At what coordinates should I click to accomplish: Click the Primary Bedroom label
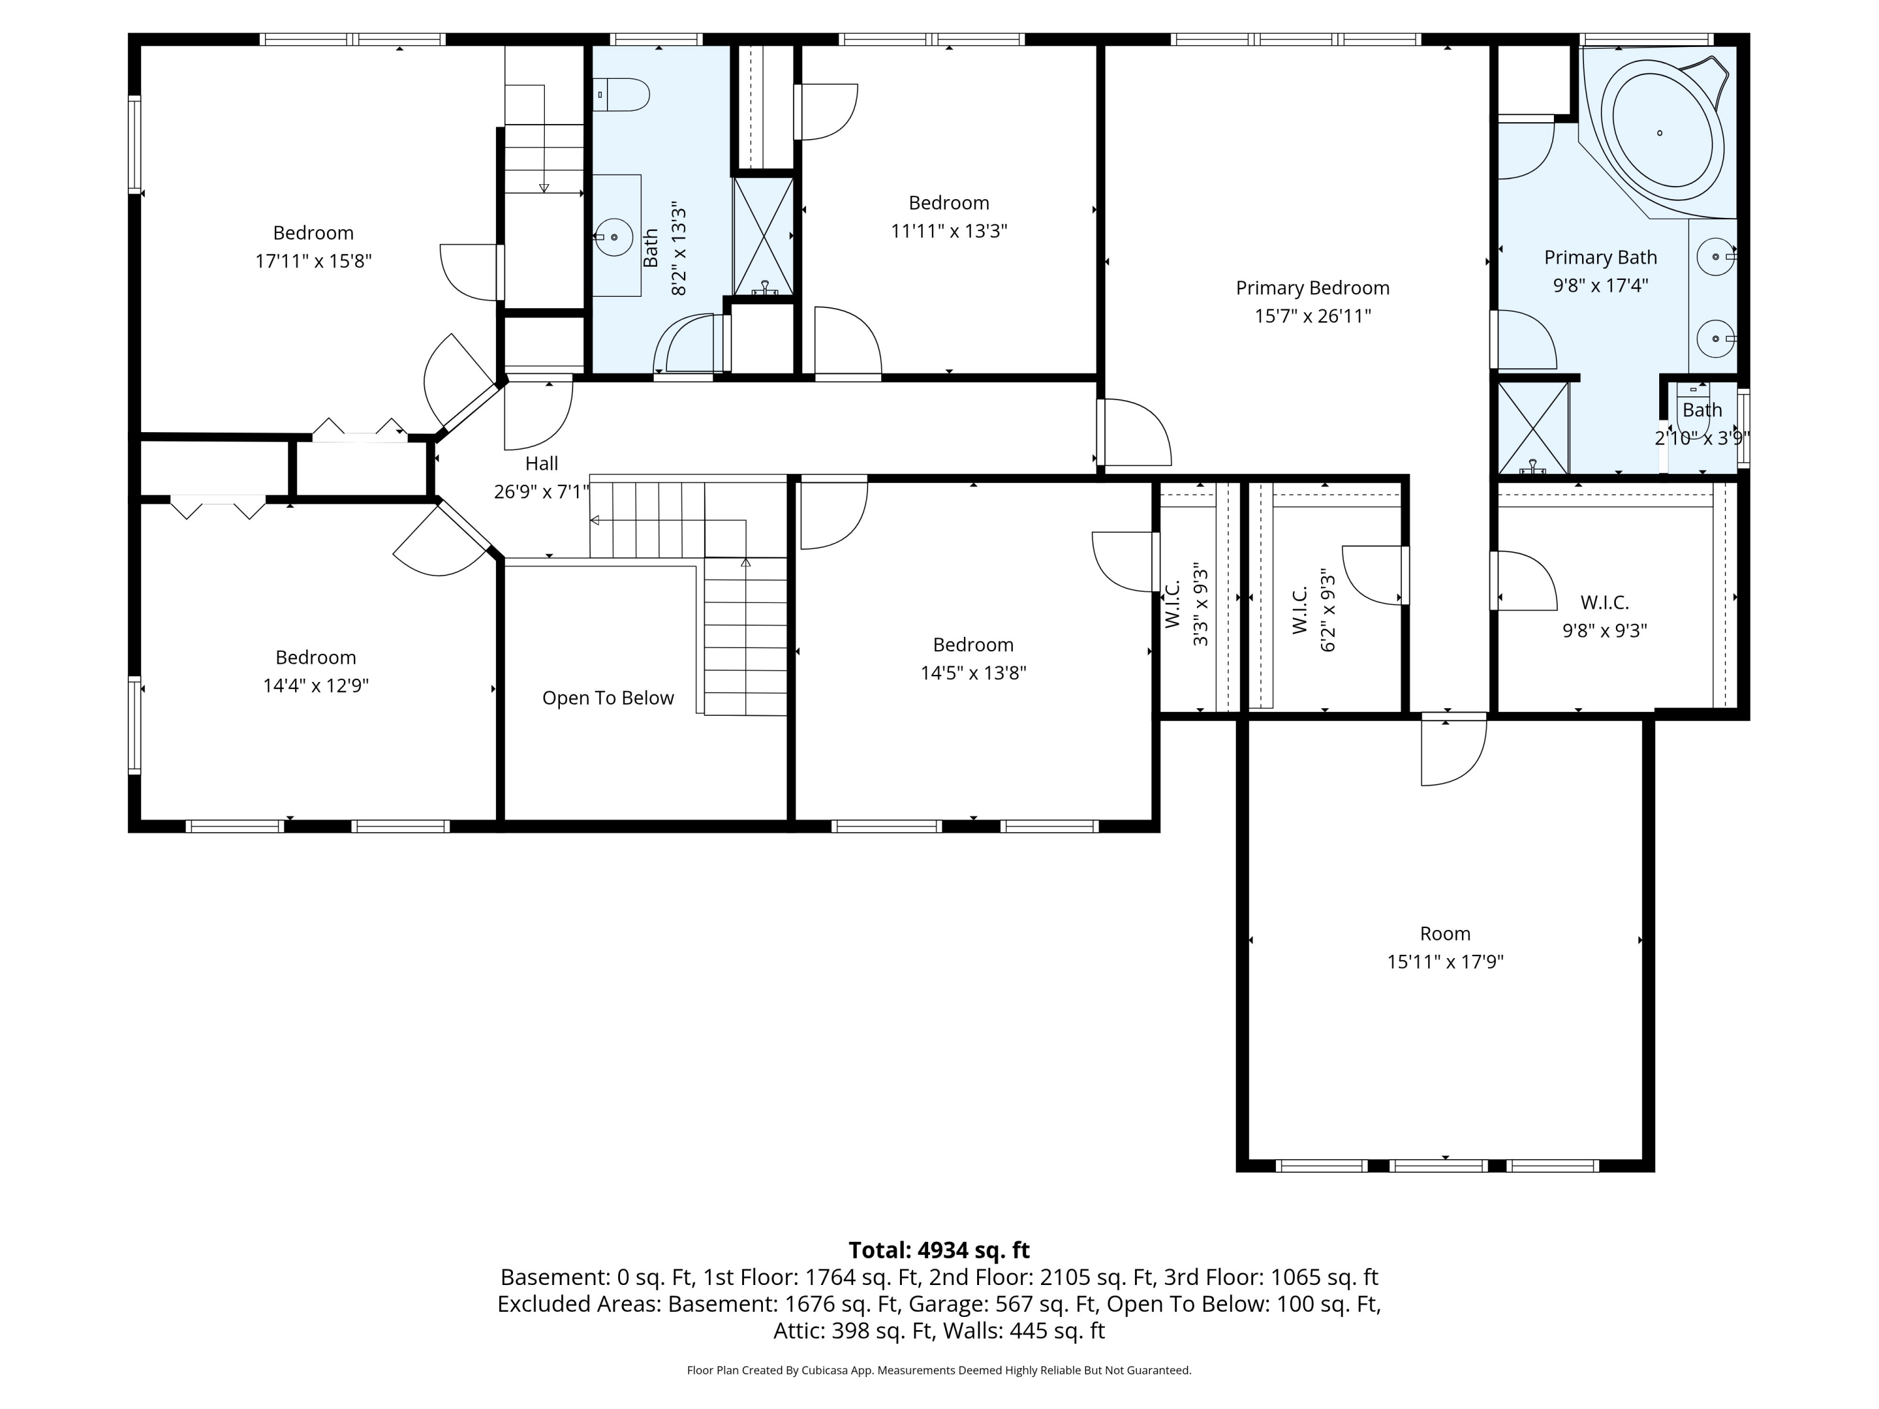tap(1312, 288)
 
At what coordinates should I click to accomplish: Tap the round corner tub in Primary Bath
tap(1660, 133)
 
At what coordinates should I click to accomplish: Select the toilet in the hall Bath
tap(621, 95)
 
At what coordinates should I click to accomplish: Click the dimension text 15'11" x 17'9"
tap(1445, 961)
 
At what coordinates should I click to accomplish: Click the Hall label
tap(541, 463)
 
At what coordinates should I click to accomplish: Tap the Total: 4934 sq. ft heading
tap(939, 1250)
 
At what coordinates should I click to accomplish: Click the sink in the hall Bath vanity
tap(613, 237)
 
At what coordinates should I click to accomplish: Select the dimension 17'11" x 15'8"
tap(313, 261)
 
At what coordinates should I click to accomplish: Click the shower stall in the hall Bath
tap(764, 236)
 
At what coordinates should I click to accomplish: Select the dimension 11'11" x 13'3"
tap(949, 231)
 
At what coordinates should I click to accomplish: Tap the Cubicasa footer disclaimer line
tap(939, 1370)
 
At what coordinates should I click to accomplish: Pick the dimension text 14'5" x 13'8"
tap(973, 673)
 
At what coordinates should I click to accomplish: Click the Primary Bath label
tap(1600, 257)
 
